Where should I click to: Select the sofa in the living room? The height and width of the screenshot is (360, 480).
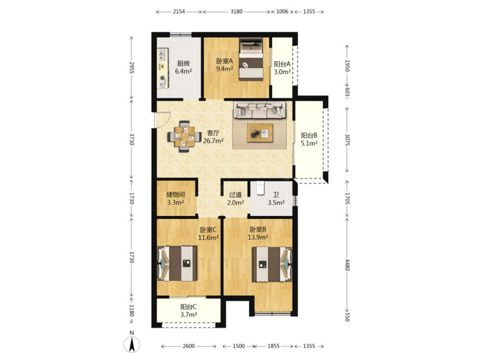[260, 110]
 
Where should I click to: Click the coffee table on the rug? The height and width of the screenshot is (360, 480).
[260, 133]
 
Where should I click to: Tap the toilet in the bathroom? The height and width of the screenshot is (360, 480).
[260, 188]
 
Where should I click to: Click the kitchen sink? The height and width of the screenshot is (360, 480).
[162, 55]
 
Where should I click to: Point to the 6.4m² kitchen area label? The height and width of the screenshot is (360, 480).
[183, 72]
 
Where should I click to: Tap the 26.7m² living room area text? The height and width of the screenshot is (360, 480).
[213, 141]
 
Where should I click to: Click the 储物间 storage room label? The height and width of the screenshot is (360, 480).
[176, 195]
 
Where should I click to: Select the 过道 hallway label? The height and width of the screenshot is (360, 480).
[235, 195]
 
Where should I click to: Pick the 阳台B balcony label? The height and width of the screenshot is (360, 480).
[309, 135]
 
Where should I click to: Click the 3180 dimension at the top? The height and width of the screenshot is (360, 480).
[236, 12]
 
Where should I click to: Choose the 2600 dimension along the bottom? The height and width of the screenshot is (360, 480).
[188, 346]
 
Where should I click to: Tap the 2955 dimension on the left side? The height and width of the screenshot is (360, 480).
[132, 68]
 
